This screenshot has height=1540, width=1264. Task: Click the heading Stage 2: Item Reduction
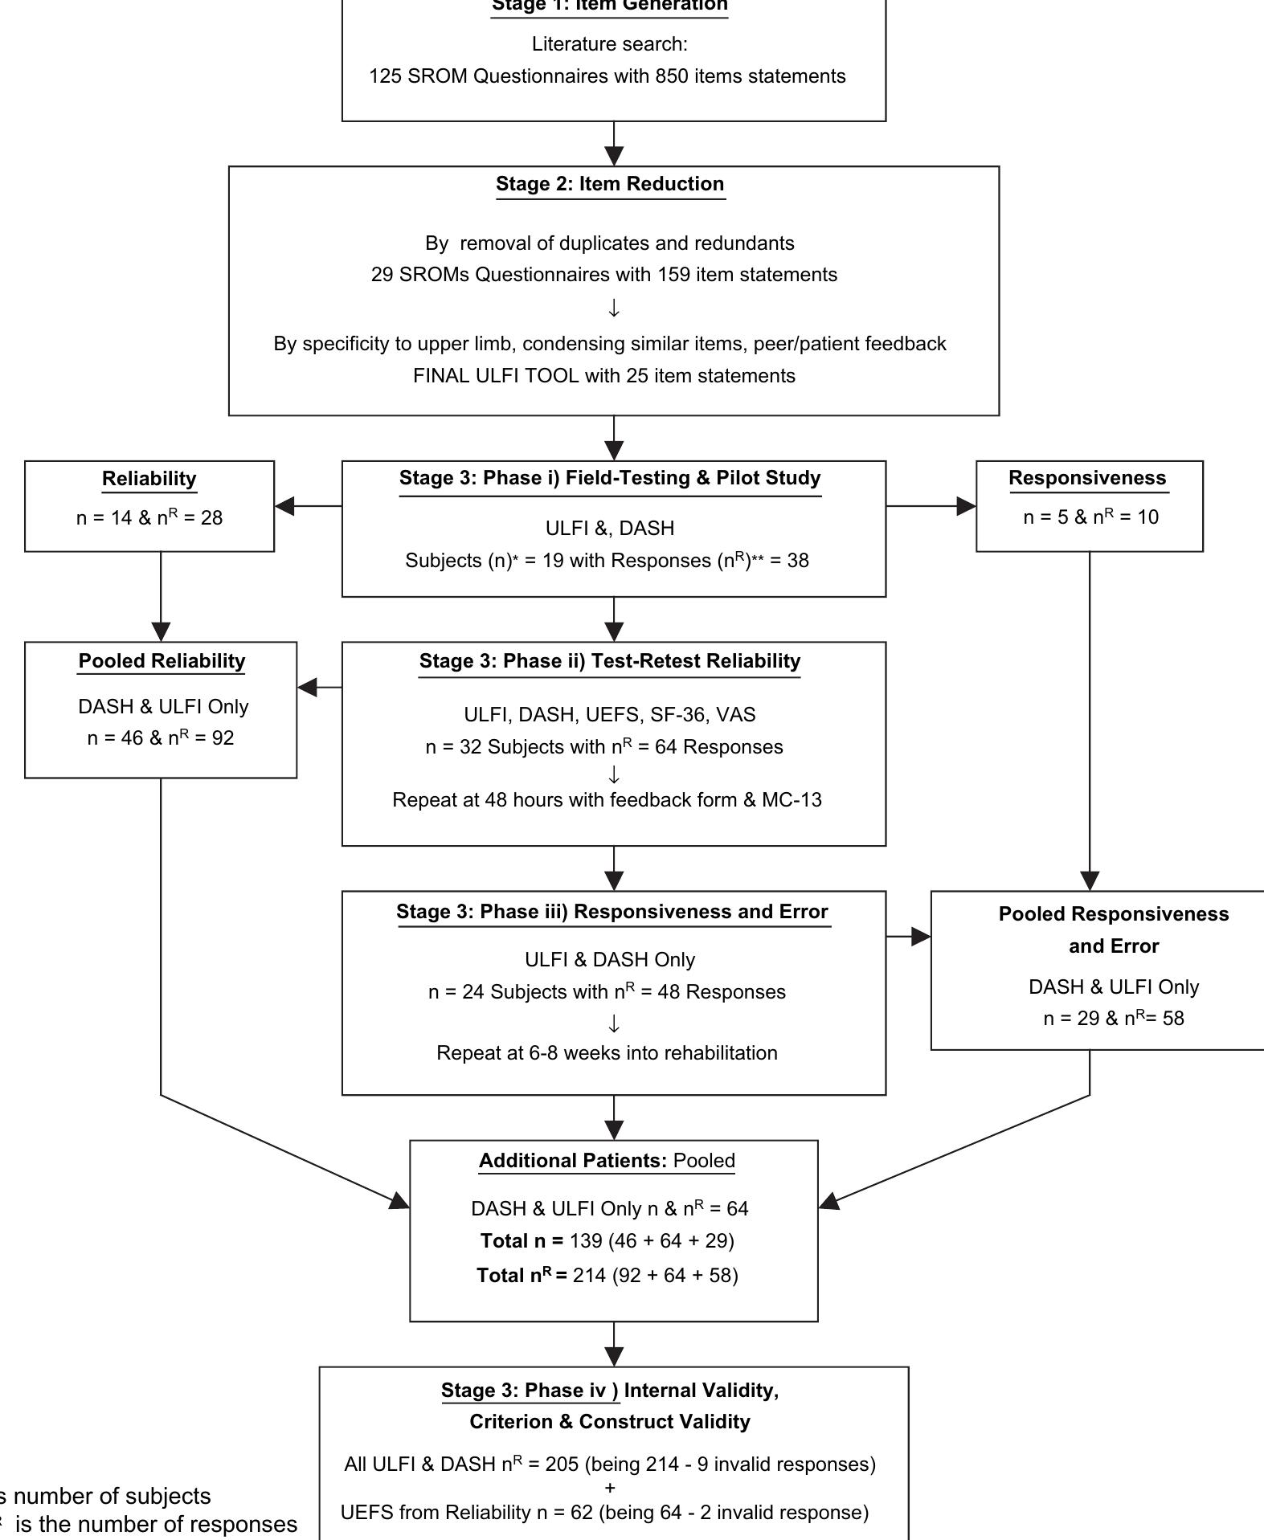point(610,184)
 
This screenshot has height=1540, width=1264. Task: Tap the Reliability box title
point(149,479)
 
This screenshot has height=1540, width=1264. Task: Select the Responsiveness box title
point(1087,478)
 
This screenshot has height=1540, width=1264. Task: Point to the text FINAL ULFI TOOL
point(495,376)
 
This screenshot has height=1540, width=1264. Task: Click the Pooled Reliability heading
point(162,661)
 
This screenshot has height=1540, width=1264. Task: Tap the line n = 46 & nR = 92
point(161,738)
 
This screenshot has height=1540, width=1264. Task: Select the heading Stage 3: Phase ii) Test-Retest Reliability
point(610,661)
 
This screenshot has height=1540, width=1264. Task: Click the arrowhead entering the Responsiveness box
point(966,506)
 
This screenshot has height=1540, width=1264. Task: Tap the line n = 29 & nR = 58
point(1113,1019)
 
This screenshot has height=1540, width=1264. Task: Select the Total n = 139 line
point(607,1241)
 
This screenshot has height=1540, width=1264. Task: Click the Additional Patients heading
point(572,1161)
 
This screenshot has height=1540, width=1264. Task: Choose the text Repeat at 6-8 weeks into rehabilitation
point(607,1053)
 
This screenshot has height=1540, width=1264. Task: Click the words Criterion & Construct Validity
point(610,1422)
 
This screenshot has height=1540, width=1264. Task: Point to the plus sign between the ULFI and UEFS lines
point(610,1488)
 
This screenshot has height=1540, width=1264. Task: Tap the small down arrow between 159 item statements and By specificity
point(614,308)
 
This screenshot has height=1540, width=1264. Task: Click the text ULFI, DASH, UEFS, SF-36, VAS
point(610,715)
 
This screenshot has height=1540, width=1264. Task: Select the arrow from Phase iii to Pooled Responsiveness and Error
point(908,937)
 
